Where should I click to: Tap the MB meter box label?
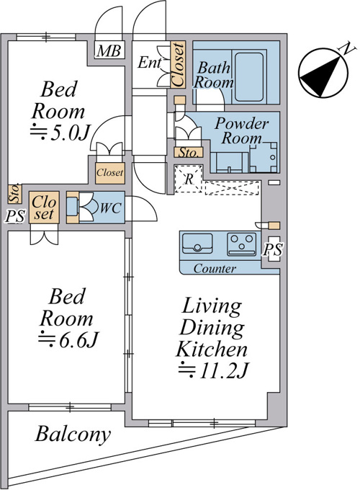click(109, 51)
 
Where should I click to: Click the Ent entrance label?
click(150, 63)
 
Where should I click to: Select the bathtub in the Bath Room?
click(249, 77)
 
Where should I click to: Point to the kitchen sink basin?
click(197, 243)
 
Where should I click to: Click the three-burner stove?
click(241, 244)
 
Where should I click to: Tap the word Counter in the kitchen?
click(215, 269)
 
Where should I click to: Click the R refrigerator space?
click(189, 179)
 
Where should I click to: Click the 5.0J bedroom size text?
click(60, 135)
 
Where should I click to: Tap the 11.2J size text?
click(213, 370)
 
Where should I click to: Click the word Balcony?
click(73, 435)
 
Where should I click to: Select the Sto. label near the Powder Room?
click(188, 153)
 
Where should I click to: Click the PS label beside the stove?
click(273, 250)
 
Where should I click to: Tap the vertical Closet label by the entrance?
click(179, 65)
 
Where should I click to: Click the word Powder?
click(241, 124)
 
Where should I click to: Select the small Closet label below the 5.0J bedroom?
click(110, 172)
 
